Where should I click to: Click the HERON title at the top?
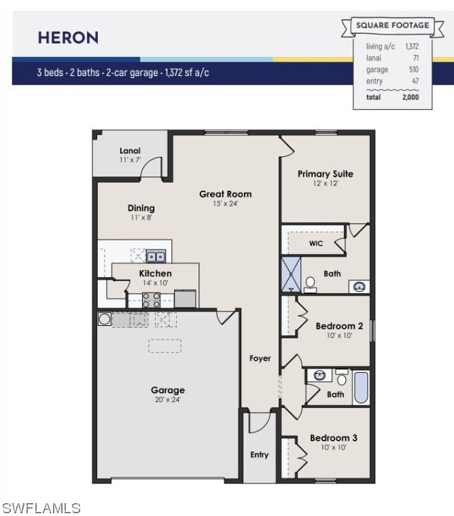pyautogui.click(x=68, y=37)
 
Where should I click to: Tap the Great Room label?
pyautogui.click(x=226, y=193)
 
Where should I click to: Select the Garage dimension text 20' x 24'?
pyautogui.click(x=168, y=399)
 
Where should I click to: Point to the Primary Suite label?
pyautogui.click(x=325, y=174)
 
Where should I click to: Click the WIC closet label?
pyautogui.click(x=315, y=243)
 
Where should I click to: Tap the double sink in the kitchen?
pyautogui.click(x=156, y=256)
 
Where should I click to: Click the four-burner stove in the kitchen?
pyautogui.click(x=152, y=300)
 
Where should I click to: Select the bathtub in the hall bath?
pyautogui.click(x=361, y=388)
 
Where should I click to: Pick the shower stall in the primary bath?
pyautogui.click(x=291, y=274)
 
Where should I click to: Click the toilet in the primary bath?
pyautogui.click(x=310, y=284)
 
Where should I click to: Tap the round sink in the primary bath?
pyautogui.click(x=359, y=287)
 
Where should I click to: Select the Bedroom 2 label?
pyautogui.click(x=339, y=326)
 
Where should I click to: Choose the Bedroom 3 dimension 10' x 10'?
pyautogui.click(x=334, y=447)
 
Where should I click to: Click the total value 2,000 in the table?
pyautogui.click(x=411, y=96)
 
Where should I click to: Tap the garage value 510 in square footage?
pyautogui.click(x=414, y=69)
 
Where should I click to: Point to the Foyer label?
pyautogui.click(x=260, y=358)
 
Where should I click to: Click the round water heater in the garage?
pyautogui.click(x=105, y=319)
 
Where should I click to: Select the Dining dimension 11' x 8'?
pyautogui.click(x=141, y=217)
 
